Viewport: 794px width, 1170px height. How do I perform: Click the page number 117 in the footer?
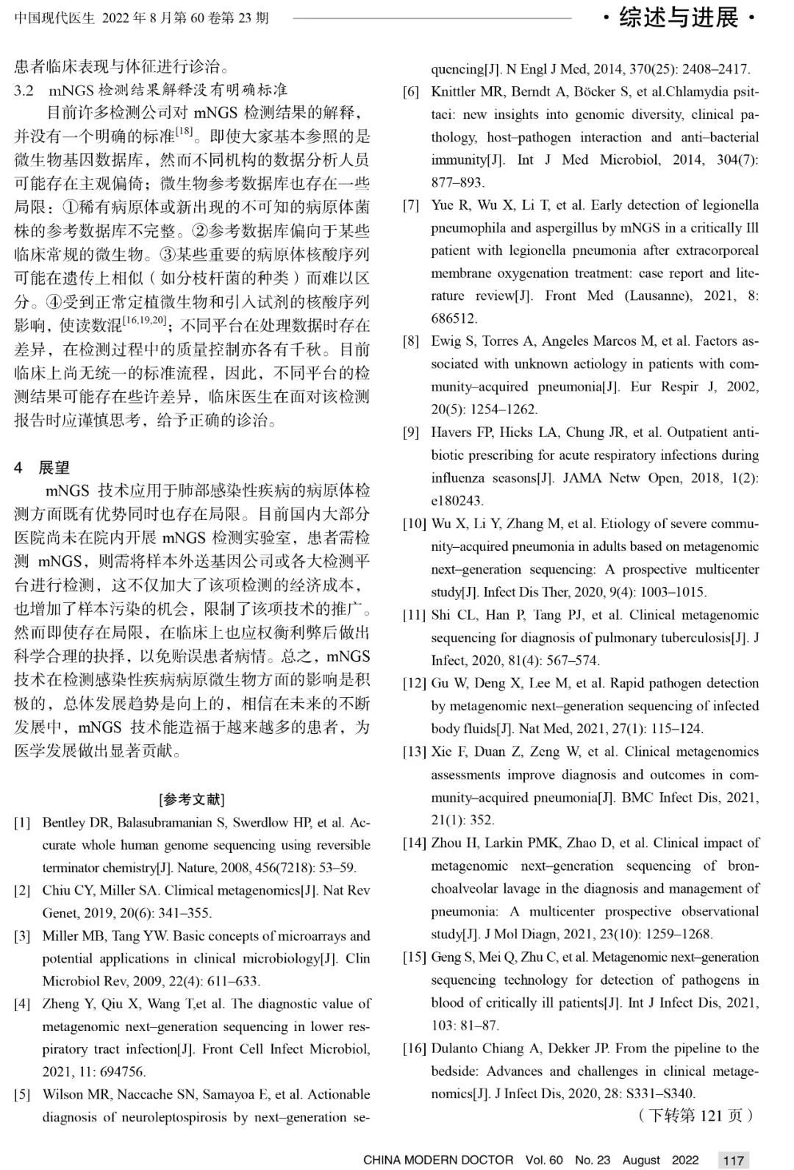coord(734,1160)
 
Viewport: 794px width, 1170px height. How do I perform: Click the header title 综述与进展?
coord(678,18)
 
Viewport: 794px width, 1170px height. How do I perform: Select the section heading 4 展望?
coord(43,467)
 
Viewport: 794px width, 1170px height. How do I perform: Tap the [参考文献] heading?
coord(192,799)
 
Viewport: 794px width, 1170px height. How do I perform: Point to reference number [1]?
coord(22,822)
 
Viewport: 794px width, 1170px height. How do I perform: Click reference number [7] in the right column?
coord(411,205)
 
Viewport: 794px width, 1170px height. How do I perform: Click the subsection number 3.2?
coord(24,90)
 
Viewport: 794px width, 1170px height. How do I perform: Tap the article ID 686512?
coord(454,318)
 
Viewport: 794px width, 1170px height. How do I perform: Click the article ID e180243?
coord(457,501)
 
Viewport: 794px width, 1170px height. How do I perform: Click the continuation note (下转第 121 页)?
coord(697,1116)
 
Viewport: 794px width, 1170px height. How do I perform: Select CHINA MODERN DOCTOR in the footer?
coord(438,1160)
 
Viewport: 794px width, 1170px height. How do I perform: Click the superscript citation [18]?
coord(184,132)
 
